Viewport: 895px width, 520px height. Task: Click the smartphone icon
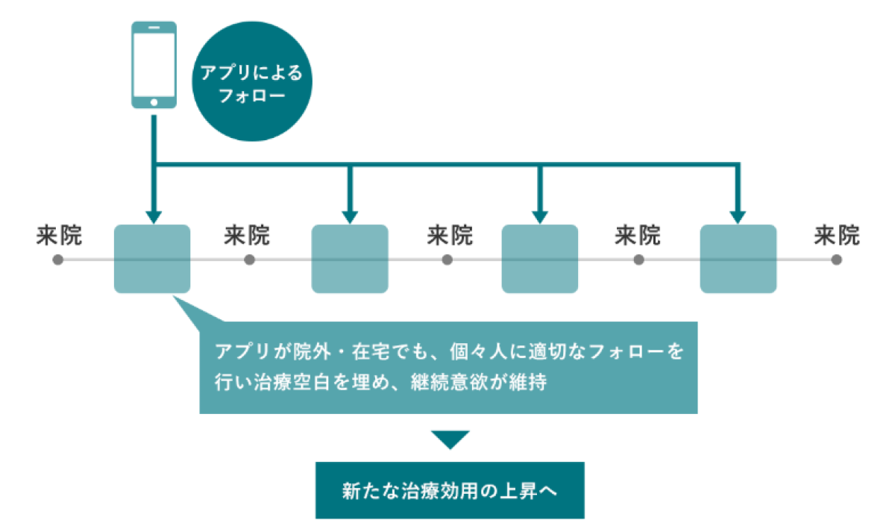154,65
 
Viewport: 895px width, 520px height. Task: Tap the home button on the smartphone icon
154,102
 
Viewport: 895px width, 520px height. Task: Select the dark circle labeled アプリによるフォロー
252,81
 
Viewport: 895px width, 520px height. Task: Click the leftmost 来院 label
59,235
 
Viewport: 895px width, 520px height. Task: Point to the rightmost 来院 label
837,235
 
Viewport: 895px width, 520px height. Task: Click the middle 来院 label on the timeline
450,235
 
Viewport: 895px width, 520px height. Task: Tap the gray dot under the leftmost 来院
58,260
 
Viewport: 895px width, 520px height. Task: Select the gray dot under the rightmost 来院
837,260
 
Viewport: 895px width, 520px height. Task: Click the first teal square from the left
152,259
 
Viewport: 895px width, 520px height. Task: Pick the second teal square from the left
350,259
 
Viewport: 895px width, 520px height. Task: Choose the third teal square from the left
540,259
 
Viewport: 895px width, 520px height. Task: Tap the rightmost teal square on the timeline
738,259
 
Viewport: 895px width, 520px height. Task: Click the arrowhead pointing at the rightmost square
738,217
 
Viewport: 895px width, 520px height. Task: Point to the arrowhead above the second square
350,217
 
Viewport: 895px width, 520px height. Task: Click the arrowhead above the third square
540,217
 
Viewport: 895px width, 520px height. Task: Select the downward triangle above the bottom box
450,439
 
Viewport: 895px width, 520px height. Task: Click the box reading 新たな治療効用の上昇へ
450,490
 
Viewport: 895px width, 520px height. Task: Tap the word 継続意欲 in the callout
449,382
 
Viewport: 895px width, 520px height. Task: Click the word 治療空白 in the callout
292,382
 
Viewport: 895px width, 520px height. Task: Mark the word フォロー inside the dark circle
252,96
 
